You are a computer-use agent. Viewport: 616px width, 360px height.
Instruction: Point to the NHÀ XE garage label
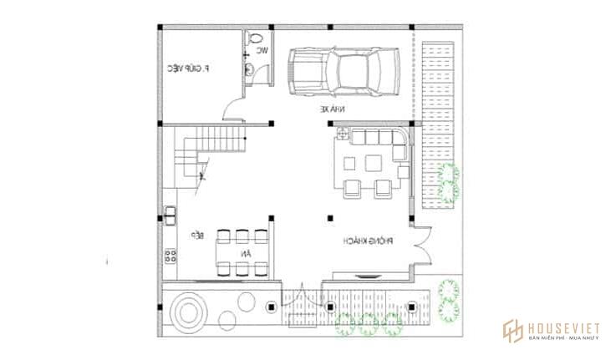(x=331, y=109)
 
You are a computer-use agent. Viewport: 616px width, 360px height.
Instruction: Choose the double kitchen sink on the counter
(x=170, y=215)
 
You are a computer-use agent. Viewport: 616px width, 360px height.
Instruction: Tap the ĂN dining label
(x=245, y=251)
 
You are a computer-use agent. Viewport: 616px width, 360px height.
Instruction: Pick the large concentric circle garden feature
(x=186, y=312)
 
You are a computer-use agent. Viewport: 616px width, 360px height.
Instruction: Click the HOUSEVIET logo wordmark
(x=564, y=327)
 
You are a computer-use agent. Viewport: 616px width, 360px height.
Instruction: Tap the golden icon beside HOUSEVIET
(x=512, y=332)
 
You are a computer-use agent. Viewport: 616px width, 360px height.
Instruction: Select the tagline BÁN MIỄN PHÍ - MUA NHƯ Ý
(x=564, y=338)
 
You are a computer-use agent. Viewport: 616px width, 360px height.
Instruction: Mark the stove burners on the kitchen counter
(x=170, y=256)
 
